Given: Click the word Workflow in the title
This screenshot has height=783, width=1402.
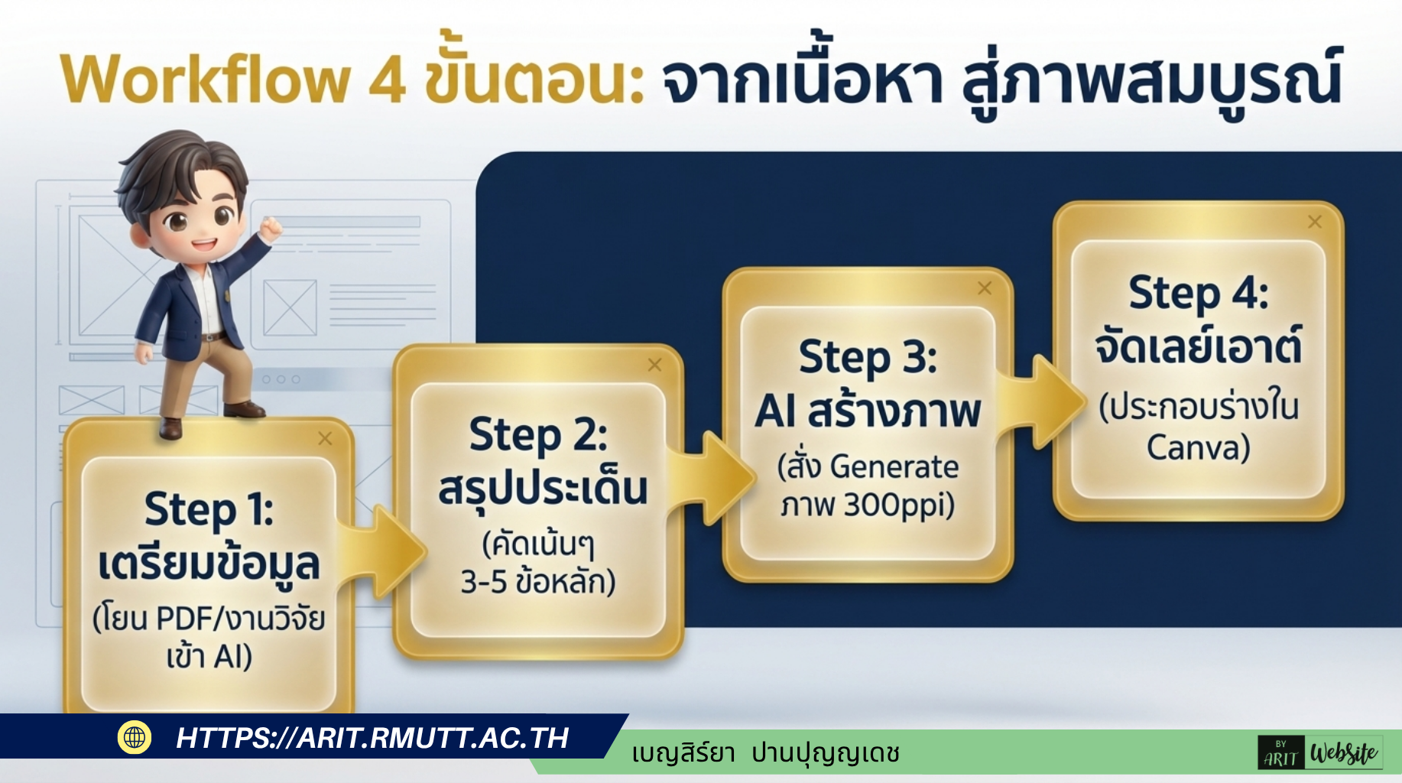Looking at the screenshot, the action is (205, 79).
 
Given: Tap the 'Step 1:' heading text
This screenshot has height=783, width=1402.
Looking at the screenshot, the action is (209, 511).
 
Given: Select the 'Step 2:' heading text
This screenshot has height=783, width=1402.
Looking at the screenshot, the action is (538, 436).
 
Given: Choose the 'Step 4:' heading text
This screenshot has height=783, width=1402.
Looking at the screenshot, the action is (1198, 294).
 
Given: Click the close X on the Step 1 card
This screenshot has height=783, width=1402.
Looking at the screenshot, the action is (325, 439).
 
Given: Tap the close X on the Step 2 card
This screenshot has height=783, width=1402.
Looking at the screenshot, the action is (654, 365).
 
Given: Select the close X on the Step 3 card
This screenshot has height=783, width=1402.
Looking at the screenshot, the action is (985, 288).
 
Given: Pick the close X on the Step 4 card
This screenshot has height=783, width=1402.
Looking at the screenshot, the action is (1315, 222).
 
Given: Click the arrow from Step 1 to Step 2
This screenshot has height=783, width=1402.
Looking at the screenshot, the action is (382, 551).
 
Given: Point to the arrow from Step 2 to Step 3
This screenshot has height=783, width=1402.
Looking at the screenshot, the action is (712, 477).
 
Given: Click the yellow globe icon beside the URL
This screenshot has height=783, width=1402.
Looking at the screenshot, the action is (135, 737).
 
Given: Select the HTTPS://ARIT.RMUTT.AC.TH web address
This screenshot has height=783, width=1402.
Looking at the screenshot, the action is (372, 738).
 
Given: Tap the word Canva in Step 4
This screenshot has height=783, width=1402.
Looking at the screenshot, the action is (1198, 448).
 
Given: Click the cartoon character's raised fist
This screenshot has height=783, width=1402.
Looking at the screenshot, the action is (270, 227).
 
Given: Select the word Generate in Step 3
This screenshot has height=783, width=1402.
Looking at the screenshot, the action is (894, 466).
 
